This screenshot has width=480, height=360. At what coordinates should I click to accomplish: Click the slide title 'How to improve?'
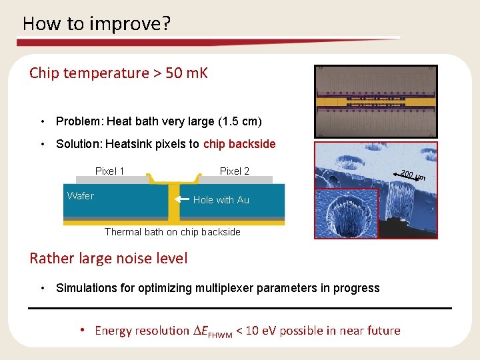pyautogui.click(x=97, y=24)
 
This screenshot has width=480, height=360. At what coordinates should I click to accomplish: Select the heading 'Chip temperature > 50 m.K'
pyautogui.click(x=119, y=73)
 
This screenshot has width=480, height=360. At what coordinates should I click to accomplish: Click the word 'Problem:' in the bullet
pyautogui.click(x=79, y=121)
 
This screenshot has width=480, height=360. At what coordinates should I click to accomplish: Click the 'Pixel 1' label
pyautogui.click(x=110, y=171)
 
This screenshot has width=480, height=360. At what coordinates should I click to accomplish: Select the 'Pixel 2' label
pyautogui.click(x=234, y=171)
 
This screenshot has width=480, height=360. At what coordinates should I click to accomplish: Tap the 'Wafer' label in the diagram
pyautogui.click(x=81, y=195)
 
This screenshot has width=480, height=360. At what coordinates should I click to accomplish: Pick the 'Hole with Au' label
pyautogui.click(x=221, y=200)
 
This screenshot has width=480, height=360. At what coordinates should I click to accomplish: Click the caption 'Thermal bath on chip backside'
pyautogui.click(x=172, y=232)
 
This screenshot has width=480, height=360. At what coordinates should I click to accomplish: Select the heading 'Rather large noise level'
pyautogui.click(x=108, y=258)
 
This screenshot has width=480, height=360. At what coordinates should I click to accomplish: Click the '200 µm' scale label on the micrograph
pyautogui.click(x=413, y=177)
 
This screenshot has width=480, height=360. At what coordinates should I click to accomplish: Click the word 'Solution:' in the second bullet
pyautogui.click(x=79, y=144)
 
